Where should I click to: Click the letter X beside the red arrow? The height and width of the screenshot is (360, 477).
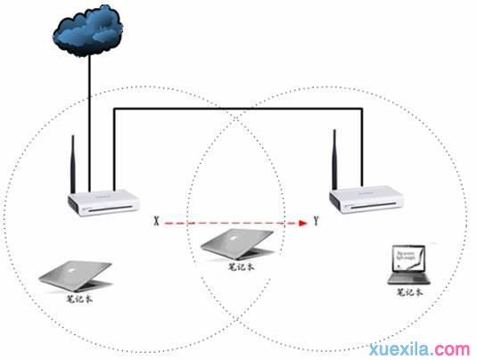pos(158,218)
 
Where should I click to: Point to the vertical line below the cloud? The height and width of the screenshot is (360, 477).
pos(89,116)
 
